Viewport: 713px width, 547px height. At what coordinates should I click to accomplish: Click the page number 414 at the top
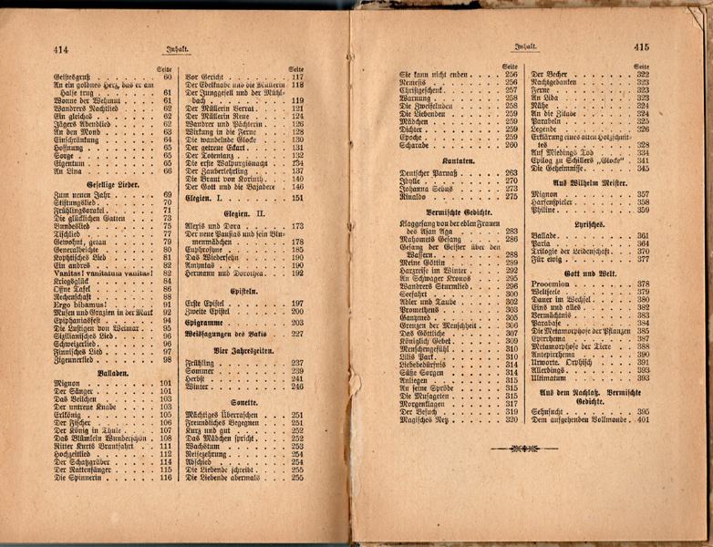click(62, 48)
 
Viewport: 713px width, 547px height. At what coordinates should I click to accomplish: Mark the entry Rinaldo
click(416, 196)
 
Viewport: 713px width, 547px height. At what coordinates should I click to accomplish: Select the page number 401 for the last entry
click(643, 420)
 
